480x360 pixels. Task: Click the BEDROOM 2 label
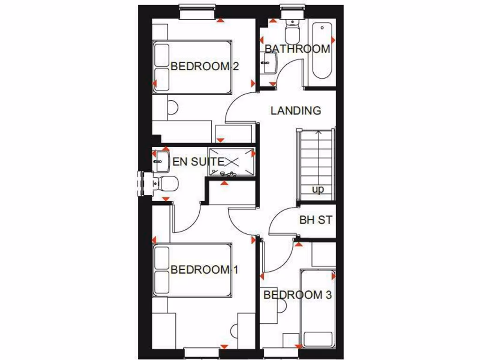click(x=204, y=66)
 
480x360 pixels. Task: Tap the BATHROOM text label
click(x=297, y=49)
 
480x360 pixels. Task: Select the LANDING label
click(x=296, y=111)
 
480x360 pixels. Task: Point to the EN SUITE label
click(x=198, y=162)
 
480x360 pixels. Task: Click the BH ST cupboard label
click(x=315, y=219)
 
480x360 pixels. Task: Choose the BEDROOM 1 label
click(x=204, y=270)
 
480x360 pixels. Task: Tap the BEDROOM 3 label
click(x=298, y=295)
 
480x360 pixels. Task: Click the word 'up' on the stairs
click(x=318, y=190)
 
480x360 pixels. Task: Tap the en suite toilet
click(x=165, y=183)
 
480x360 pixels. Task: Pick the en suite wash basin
click(x=160, y=160)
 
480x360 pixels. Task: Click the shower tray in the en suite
click(x=232, y=161)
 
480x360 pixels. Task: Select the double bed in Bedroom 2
click(x=192, y=66)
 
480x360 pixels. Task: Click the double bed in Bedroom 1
click(x=192, y=270)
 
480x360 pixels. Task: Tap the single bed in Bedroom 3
click(x=318, y=309)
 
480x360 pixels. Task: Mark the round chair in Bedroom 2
click(x=172, y=108)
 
